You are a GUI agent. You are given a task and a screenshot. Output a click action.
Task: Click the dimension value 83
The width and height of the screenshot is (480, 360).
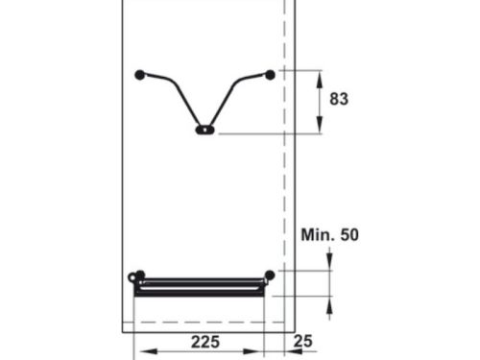point(337,99)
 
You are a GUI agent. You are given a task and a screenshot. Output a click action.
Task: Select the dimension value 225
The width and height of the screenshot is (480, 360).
point(204,342)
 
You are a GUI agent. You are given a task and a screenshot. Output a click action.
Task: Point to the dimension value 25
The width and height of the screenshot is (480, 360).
point(304,342)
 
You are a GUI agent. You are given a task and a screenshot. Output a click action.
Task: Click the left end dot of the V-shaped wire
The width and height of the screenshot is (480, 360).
point(140,74)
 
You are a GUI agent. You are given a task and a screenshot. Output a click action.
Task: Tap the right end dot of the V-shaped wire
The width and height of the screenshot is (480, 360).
point(270,74)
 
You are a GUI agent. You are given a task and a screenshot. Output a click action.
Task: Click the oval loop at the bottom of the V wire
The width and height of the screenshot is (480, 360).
point(204,130)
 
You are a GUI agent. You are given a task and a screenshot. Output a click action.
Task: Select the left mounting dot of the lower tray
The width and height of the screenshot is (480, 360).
point(140,276)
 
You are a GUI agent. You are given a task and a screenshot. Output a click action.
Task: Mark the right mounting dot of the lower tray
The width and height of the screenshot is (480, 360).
point(270,276)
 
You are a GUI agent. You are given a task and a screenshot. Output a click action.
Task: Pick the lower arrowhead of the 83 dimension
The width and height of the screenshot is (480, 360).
point(320,128)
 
